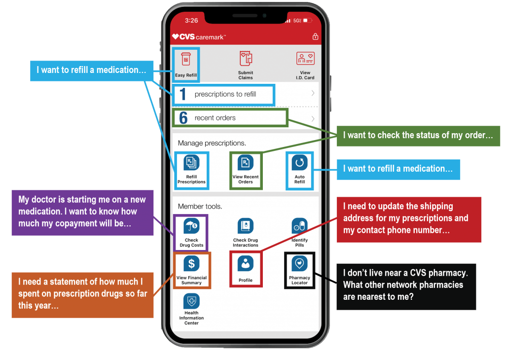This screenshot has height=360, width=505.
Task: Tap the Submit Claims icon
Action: [246, 59]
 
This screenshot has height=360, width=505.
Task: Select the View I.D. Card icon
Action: [305, 59]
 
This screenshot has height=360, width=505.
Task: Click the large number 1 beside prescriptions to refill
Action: [182, 94]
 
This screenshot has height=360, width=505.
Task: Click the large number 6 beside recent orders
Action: [183, 118]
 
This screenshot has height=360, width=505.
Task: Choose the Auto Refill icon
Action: [300, 163]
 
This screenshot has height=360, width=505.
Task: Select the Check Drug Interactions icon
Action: [246, 227]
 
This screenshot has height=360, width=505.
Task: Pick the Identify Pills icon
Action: [299, 226]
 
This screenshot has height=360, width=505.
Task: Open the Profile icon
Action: [246, 264]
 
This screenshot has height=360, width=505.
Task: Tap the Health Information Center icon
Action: [191, 301]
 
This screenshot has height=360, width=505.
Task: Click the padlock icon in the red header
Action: [315, 36]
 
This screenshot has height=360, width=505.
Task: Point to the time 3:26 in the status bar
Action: [191, 20]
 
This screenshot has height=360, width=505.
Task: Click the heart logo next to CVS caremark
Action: [176, 36]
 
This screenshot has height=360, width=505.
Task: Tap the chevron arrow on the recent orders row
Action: [313, 118]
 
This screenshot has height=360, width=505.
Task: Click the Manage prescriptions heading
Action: [212, 144]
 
